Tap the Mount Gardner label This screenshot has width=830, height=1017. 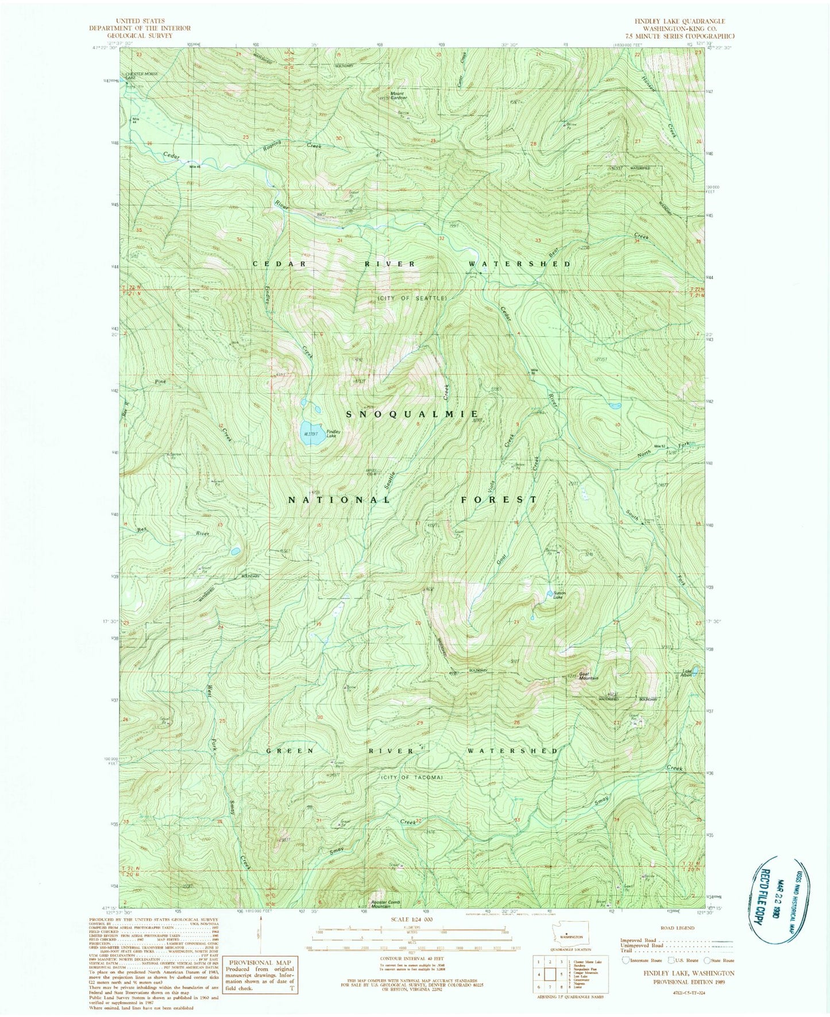[398, 95]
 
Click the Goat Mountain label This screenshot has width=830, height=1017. [588, 676]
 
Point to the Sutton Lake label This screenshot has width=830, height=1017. [559, 594]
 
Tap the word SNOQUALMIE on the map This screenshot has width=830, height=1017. [412, 413]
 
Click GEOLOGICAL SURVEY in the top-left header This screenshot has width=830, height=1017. [140, 36]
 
